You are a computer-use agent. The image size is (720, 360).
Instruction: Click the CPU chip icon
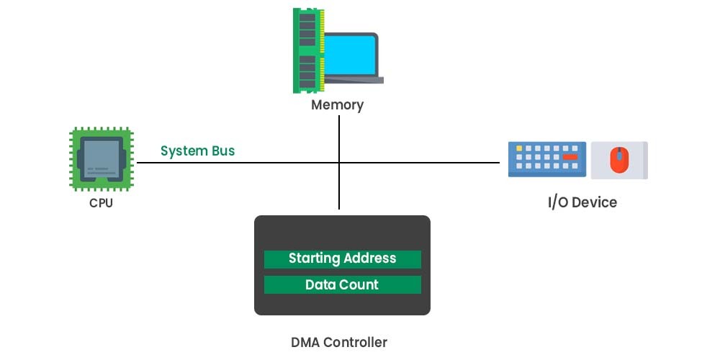[x=101, y=159]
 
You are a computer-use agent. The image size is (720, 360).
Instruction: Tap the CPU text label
[x=101, y=203]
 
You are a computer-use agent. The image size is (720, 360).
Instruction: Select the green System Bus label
[x=197, y=151]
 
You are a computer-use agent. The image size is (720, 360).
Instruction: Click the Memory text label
[x=337, y=105]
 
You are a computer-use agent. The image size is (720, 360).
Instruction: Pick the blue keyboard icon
[x=547, y=159]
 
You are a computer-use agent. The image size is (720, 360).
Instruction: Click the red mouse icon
[x=618, y=160]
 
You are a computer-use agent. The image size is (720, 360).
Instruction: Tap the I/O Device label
[x=582, y=202]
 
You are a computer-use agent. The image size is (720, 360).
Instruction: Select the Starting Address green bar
[x=342, y=258]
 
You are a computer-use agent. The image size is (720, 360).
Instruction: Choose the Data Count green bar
[x=342, y=284]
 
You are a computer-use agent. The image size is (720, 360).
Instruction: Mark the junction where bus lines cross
[x=339, y=163]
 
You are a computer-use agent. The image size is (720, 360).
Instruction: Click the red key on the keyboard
[x=570, y=156]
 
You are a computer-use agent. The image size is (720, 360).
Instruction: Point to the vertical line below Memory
[x=339, y=137]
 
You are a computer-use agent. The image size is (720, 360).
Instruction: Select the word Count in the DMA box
[x=360, y=284]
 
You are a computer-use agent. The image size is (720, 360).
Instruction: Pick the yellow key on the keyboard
[x=518, y=148]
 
